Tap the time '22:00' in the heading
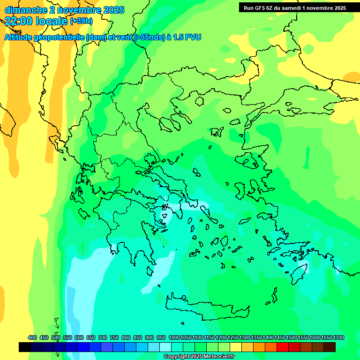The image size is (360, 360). (19, 21)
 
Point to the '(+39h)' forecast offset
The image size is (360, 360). (81, 21)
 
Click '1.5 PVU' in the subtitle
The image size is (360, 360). (187, 37)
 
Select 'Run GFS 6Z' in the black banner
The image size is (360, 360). (259, 8)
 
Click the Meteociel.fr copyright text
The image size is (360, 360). (199, 357)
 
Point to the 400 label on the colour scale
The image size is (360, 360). (32, 337)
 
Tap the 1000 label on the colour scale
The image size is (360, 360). (174, 337)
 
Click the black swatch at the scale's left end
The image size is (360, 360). (25, 347)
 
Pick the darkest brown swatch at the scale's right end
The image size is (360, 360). (330, 347)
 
